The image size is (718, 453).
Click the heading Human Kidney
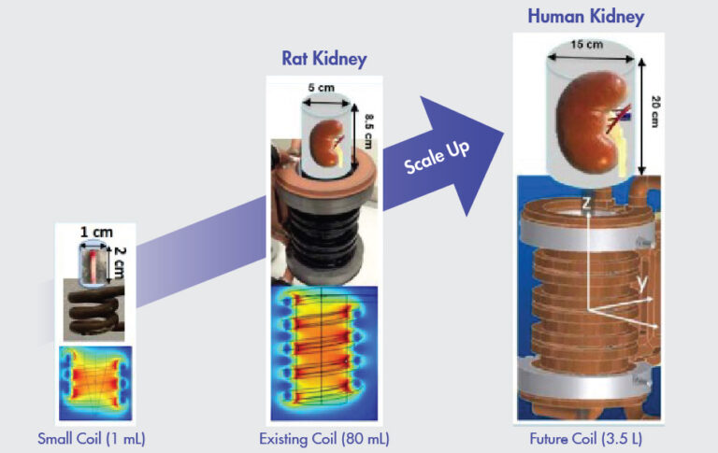(x=585, y=17)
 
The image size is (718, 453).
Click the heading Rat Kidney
(x=324, y=59)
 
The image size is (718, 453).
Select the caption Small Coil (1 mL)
(x=92, y=437)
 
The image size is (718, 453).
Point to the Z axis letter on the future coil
(x=584, y=202)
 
